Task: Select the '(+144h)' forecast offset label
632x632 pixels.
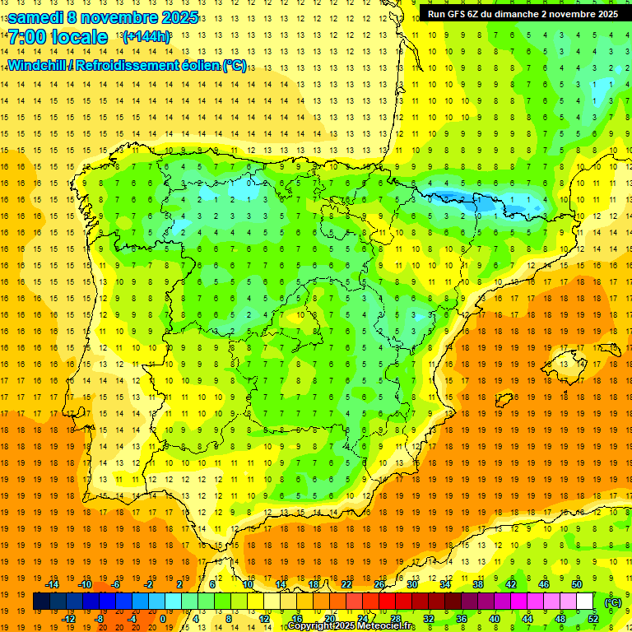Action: coord(146,37)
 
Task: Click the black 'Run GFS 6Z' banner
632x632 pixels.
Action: coord(523,13)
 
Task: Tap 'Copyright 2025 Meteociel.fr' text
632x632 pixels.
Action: coord(351,626)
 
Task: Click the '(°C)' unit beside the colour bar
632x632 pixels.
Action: coord(613,602)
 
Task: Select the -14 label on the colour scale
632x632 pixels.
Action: coord(52,584)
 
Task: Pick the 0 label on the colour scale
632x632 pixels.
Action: coord(162,619)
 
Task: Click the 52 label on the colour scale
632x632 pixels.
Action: coord(593,619)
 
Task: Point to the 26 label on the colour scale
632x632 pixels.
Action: coord(379,584)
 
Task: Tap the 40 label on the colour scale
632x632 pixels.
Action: coord(495,619)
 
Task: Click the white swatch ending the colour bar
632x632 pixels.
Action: coord(585,602)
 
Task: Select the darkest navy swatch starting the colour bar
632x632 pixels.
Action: coord(41,602)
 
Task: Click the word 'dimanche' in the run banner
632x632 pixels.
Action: coord(516,13)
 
